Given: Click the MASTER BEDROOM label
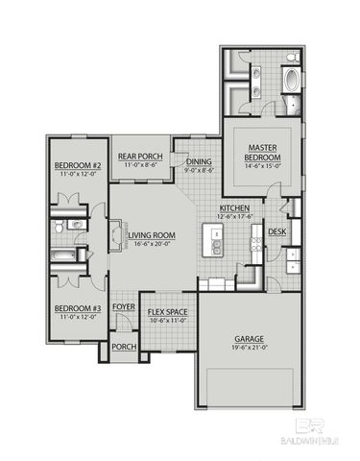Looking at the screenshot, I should (x=261, y=151).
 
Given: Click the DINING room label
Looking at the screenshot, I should (x=199, y=161).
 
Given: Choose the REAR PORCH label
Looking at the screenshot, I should (x=139, y=157).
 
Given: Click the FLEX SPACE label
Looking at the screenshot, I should (x=167, y=312).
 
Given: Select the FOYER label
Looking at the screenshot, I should (x=123, y=307).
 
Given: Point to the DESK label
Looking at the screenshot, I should (x=276, y=231).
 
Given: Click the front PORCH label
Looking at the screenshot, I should (x=123, y=347).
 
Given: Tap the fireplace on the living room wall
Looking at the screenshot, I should (x=116, y=235).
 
